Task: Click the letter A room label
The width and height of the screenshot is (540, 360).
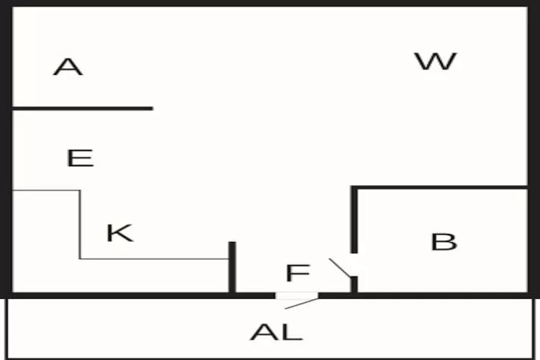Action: point(68,66)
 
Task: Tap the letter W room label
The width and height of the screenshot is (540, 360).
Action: point(436,61)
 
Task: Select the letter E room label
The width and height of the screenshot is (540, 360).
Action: point(80,158)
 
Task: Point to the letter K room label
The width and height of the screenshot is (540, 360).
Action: point(120,233)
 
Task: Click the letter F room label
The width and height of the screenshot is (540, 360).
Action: point(298,272)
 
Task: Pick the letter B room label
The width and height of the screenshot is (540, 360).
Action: point(444,241)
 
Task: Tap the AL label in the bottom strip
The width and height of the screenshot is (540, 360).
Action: point(276,332)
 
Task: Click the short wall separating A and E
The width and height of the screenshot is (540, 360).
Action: point(83,109)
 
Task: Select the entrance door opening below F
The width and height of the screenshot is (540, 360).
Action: point(297,296)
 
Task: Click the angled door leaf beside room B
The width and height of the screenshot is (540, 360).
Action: point(340,268)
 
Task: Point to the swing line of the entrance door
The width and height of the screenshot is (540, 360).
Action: point(302,304)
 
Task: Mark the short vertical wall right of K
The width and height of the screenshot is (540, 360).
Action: point(233,267)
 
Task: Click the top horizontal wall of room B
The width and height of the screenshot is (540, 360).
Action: point(439,187)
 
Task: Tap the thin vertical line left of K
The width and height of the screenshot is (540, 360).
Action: point(80,224)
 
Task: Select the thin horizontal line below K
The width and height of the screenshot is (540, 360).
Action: point(155,258)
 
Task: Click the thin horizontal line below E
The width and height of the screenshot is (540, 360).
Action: point(47,190)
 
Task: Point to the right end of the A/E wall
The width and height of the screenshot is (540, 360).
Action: point(153,109)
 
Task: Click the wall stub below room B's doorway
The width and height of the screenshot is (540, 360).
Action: point(354,284)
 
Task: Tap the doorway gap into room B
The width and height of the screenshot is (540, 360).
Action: point(354,264)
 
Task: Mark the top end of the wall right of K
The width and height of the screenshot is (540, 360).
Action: point(233,242)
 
